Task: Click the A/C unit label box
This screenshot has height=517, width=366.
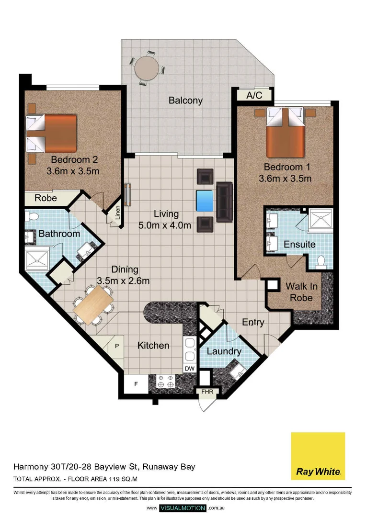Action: [x=254, y=95]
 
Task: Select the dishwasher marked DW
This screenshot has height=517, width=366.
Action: [x=190, y=369]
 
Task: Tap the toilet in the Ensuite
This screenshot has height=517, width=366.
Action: [x=321, y=261]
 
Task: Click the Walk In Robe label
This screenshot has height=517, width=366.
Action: [x=299, y=292]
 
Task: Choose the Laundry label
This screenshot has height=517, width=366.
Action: [x=224, y=352]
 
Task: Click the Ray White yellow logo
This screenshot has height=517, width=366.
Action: [x=318, y=456]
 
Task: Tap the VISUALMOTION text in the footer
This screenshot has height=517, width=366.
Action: [x=183, y=508]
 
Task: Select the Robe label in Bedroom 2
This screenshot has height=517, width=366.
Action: [x=46, y=198]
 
